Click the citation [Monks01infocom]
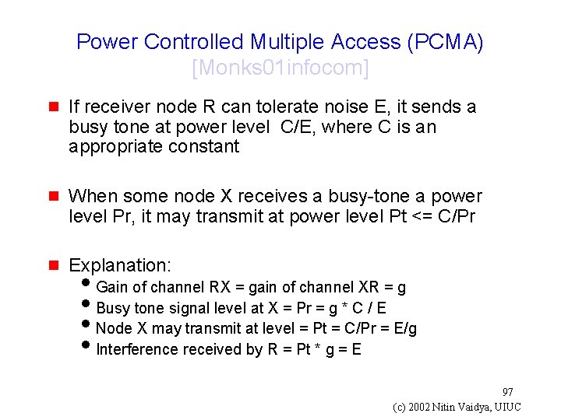[x=280, y=68]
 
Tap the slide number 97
[x=507, y=392]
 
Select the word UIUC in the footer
[x=508, y=408]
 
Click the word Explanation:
[x=120, y=265]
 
